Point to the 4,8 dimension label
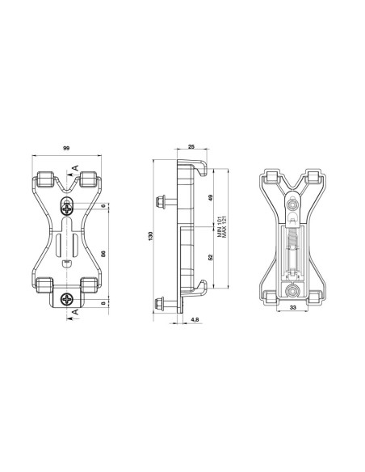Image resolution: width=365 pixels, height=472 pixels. tap(196, 321)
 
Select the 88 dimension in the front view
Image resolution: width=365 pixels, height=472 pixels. tap(103, 254)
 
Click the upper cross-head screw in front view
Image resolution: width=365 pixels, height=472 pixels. tap(67, 206)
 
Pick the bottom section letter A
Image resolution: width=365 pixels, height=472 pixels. tap(75, 310)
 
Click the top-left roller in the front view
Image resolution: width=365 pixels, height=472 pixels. tap(43, 181)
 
